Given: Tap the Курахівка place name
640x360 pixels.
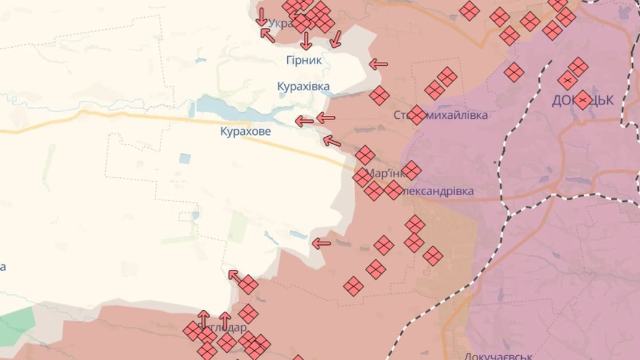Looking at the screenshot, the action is click(x=303, y=87).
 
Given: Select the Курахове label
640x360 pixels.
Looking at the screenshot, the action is click(x=245, y=131).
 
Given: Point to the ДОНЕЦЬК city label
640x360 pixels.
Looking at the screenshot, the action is click(x=582, y=100).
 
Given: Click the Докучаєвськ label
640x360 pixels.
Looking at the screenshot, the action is click(x=499, y=356).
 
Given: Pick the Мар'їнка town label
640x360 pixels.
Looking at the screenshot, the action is click(x=385, y=174).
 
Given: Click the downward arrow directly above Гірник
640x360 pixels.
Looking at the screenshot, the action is click(x=306, y=41).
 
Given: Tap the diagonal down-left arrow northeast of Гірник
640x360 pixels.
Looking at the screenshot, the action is click(x=336, y=39).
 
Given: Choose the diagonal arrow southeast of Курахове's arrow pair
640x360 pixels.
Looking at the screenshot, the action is click(x=331, y=141).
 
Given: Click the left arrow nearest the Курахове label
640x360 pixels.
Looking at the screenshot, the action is click(x=304, y=122).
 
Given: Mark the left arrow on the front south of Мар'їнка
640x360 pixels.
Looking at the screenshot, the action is click(x=322, y=243).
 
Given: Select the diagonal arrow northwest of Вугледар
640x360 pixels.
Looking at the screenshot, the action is click(x=235, y=276).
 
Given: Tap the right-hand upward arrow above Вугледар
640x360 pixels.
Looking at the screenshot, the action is click(x=224, y=320).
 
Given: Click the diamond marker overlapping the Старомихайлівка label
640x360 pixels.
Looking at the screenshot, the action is click(x=417, y=115).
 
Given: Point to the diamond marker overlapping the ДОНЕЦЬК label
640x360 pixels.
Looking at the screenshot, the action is click(x=583, y=100).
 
